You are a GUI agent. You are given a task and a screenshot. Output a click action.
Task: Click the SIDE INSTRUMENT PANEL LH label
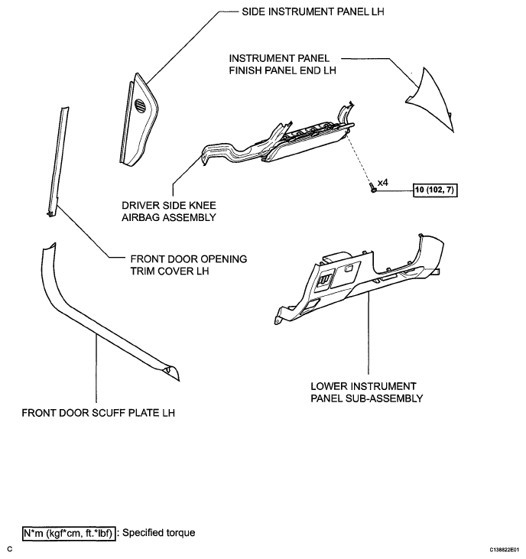[x=313, y=11]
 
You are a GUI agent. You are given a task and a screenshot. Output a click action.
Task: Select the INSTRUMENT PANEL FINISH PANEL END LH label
[x=282, y=64]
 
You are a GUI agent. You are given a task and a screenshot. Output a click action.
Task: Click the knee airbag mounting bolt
[x=373, y=187]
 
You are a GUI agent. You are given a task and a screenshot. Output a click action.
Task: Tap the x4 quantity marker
[x=383, y=183]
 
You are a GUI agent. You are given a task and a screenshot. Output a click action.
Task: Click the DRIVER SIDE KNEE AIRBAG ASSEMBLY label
[x=169, y=211]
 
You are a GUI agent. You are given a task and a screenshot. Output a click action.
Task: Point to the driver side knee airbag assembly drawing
[x=278, y=139]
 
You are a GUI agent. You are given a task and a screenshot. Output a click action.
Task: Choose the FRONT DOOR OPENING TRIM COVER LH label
[x=189, y=265]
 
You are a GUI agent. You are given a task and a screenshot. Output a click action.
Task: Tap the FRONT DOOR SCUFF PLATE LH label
[x=99, y=413]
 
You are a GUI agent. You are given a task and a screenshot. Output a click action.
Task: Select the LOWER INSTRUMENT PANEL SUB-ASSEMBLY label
[x=367, y=392]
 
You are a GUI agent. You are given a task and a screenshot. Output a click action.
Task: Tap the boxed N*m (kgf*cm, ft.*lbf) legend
[x=69, y=533]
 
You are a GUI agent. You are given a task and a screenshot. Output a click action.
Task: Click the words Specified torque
[x=158, y=533]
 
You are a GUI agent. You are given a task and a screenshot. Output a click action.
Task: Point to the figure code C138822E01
[x=505, y=550]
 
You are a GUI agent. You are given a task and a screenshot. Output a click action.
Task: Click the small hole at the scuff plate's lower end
[x=167, y=370]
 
